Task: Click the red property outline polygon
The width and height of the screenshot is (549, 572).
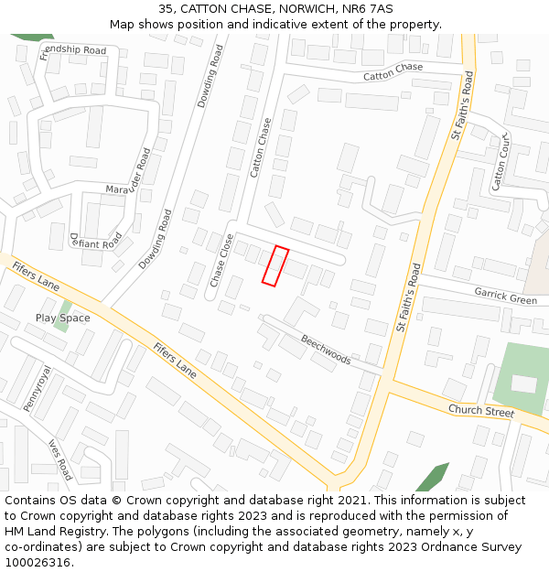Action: point(275,265)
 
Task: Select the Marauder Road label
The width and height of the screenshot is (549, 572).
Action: point(127,178)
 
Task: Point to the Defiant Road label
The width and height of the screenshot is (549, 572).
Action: point(95,240)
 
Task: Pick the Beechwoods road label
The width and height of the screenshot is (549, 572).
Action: point(326,349)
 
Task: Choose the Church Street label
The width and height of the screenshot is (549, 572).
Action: point(481,410)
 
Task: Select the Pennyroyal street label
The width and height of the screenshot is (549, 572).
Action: point(38,390)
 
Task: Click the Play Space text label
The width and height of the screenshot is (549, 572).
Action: point(63,318)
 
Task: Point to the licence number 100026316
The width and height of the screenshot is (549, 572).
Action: point(37,562)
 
